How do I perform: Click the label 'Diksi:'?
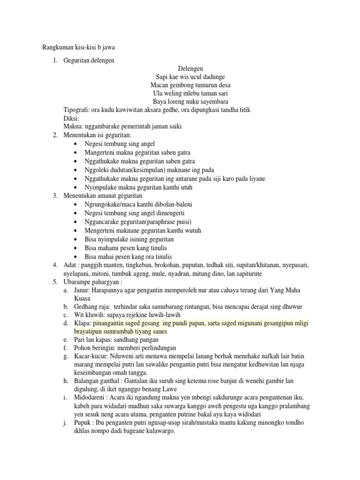coord(71,118)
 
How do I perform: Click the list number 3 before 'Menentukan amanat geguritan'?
coord(55,195)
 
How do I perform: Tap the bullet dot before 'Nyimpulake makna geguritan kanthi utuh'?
coord(76,187)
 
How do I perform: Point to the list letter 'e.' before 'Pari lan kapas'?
coord(66,339)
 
